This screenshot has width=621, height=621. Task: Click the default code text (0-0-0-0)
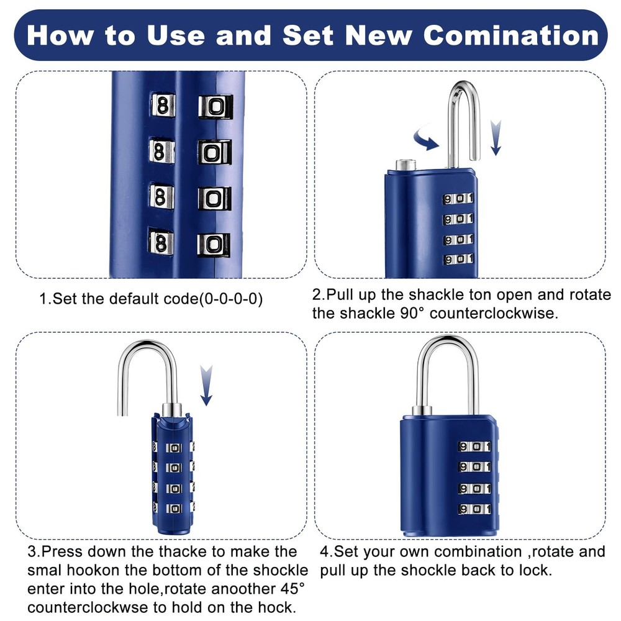coord(230,299)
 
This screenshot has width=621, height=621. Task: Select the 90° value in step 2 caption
coord(410,313)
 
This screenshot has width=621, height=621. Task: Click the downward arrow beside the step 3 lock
coord(206,385)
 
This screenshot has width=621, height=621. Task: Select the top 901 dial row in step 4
coord(474,446)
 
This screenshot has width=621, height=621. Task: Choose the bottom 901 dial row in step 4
coord(474,509)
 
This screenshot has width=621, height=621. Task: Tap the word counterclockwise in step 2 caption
coord(494,313)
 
